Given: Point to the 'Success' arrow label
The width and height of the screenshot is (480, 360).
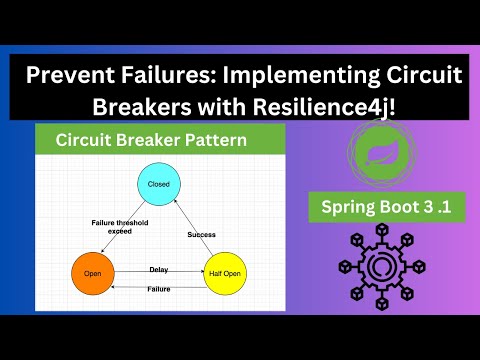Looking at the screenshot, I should coord(202,234).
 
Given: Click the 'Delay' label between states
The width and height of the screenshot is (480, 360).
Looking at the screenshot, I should coord(158,269).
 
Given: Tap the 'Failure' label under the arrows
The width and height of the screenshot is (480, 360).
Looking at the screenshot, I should coord(158,288).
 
